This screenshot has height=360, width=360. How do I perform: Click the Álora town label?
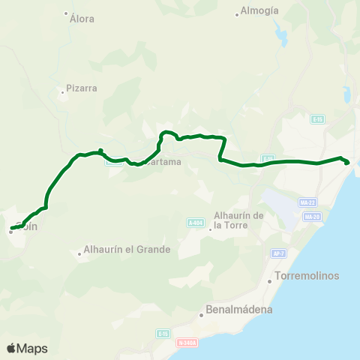click(x=82, y=19)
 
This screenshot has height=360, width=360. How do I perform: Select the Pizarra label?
click(x=82, y=88)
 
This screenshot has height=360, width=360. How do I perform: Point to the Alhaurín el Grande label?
click(x=127, y=249)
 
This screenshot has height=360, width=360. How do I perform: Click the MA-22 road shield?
click(x=306, y=202)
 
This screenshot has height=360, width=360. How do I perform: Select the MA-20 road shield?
click(x=312, y=217)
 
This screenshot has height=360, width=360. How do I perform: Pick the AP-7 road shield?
click(x=279, y=254)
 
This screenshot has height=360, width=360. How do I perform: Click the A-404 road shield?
click(x=196, y=223)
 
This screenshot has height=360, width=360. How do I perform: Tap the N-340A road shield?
click(x=187, y=343)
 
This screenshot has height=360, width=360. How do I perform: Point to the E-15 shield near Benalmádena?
click(x=163, y=333)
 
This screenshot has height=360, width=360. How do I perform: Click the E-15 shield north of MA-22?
click(x=317, y=118)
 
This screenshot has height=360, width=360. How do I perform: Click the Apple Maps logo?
click(x=27, y=348)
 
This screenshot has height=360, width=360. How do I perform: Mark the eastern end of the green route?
click(x=347, y=162)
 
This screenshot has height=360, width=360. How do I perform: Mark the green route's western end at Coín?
click(x=12, y=228)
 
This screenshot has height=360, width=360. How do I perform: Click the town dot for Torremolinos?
click(x=270, y=282)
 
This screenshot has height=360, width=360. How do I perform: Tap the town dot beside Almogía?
click(x=237, y=13)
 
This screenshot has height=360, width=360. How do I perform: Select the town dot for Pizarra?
click(x=62, y=93)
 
